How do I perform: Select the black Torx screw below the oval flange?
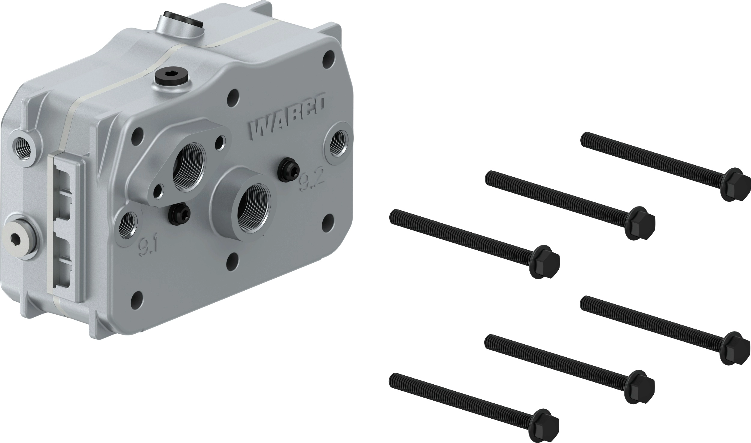[179, 214]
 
